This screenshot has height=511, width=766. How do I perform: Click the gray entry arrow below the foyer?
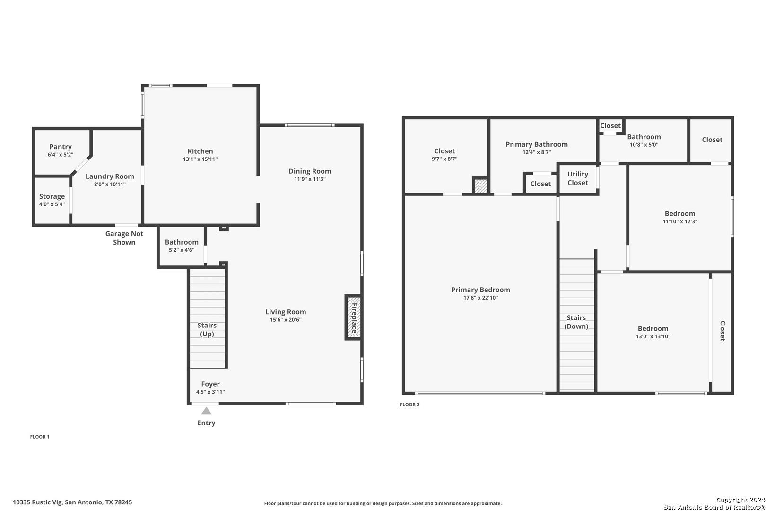pyautogui.click(x=206, y=411)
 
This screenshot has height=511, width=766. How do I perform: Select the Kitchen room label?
pyautogui.click(x=200, y=151)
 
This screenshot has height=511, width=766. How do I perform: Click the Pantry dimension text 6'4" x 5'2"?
pyautogui.click(x=61, y=155)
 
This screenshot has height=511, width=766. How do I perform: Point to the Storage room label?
pyautogui.click(x=52, y=196)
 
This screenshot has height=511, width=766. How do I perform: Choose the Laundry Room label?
pyautogui.click(x=110, y=176)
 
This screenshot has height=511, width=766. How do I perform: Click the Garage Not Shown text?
pyautogui.click(x=124, y=238)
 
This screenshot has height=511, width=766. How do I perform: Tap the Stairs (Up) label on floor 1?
pyautogui.click(x=207, y=330)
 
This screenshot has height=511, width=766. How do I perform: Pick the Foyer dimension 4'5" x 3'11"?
pyautogui.click(x=210, y=392)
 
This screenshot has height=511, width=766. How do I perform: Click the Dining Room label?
pyautogui.click(x=310, y=171)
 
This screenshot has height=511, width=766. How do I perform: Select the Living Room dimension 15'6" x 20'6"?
pyautogui.click(x=286, y=320)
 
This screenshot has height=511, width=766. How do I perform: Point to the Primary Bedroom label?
pyautogui.click(x=480, y=290)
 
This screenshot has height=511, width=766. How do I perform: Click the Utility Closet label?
pyautogui.click(x=578, y=178)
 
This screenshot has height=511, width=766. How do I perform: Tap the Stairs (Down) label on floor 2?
pyautogui.click(x=576, y=322)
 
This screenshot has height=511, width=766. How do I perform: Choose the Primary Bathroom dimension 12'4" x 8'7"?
pyautogui.click(x=537, y=152)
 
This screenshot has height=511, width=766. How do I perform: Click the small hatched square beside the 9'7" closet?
pyautogui.click(x=481, y=185)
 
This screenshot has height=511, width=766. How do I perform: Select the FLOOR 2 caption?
pyautogui.click(x=409, y=405)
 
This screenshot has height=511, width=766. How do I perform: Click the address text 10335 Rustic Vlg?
pyautogui.click(x=38, y=502)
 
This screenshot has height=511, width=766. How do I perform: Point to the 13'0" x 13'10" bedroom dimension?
pyautogui.click(x=653, y=336)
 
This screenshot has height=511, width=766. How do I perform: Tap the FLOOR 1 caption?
pyautogui.click(x=40, y=437)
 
